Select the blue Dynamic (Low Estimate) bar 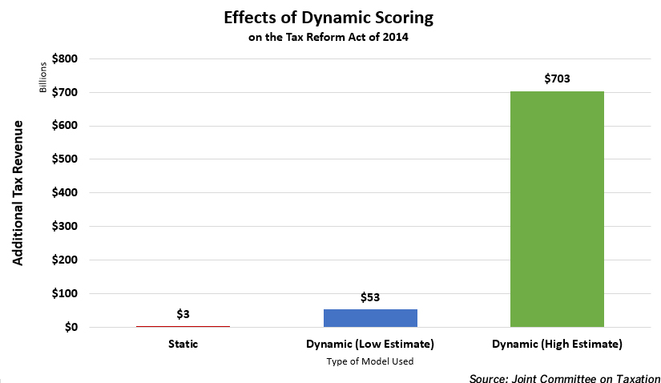coord(370,317)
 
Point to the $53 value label coord(369,297)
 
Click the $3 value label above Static coord(183,314)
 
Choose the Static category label coord(183,344)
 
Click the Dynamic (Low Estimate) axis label coord(369,344)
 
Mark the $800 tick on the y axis coord(65,59)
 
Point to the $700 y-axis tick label coord(65,93)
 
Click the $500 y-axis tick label coord(65,159)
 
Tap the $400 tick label coord(65,193)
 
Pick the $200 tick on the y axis coord(65,260)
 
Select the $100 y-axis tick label coord(65,294)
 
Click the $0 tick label coord(70,328)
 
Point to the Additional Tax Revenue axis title coord(18,193)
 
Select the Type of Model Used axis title coord(369,361)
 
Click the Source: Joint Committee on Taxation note coord(564,377)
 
